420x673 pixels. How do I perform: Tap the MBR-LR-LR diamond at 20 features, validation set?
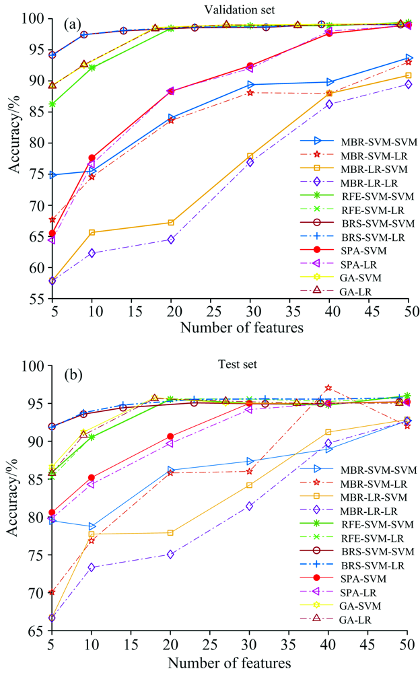point(171,240)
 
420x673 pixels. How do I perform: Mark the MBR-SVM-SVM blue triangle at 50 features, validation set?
point(409,59)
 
